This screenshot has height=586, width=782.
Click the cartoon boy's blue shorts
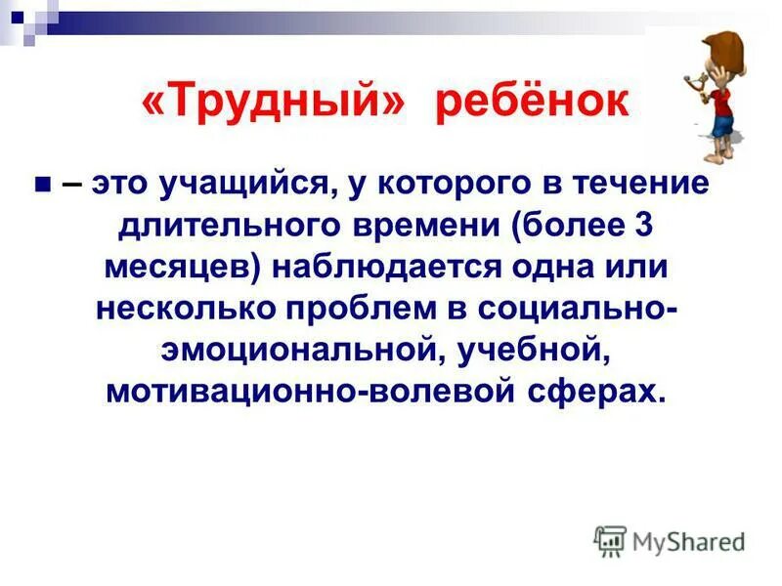point(721,125)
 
